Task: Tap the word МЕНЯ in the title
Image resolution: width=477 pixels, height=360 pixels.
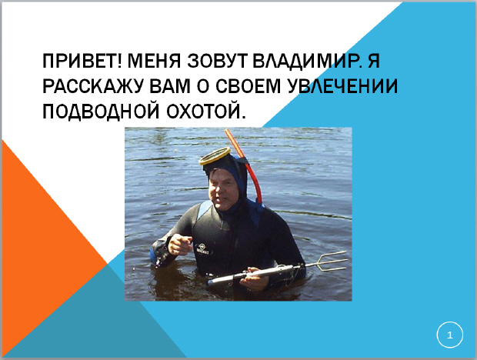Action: pos(154,61)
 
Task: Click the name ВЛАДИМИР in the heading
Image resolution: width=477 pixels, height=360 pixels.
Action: pos(306,61)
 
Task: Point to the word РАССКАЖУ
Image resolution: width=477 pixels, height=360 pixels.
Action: pos(92,85)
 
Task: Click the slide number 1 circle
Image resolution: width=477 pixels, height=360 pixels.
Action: pos(450,335)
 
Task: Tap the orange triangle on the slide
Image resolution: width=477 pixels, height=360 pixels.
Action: pos(39,243)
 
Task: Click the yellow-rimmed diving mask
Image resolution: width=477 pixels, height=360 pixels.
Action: pos(215,156)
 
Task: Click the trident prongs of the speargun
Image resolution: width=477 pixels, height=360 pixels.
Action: pos(332,262)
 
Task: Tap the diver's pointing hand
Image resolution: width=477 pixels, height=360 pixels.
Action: pos(179,244)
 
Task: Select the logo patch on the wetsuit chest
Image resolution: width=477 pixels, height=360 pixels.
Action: pos(203,249)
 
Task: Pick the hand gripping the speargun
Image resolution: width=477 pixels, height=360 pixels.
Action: pos(255,278)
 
